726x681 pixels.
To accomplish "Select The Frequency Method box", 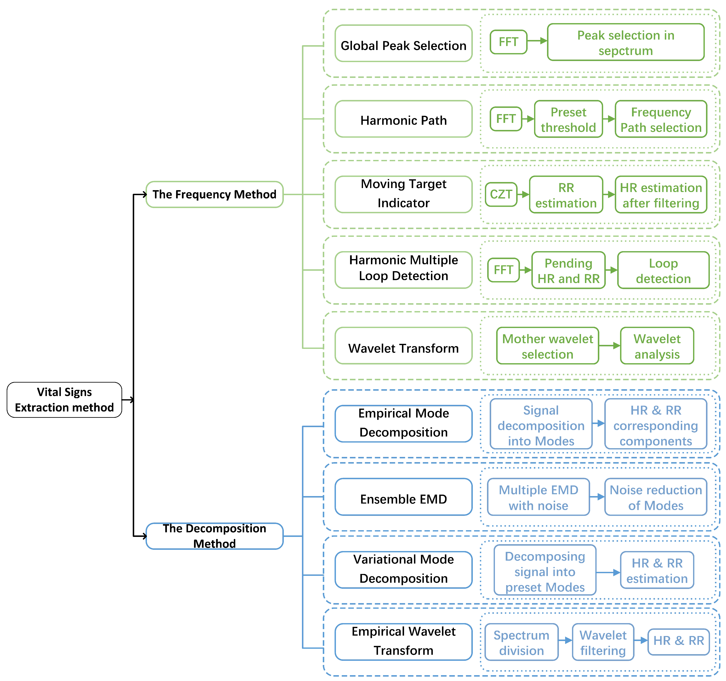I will coord(214,195).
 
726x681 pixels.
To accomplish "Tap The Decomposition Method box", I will coord(214,536).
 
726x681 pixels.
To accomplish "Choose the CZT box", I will coord(501,195).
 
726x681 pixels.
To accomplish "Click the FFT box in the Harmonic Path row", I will coord(506,119).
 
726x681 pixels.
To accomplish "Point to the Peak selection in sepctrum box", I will coord(626,42).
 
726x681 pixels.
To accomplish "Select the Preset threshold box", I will coord(568,119).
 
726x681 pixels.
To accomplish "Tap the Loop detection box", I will coord(663,271).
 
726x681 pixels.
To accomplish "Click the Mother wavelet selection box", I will coord(547,346).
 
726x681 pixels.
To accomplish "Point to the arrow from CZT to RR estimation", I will coord(523,195).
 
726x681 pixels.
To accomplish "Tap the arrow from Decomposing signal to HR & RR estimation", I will coord(608,572).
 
